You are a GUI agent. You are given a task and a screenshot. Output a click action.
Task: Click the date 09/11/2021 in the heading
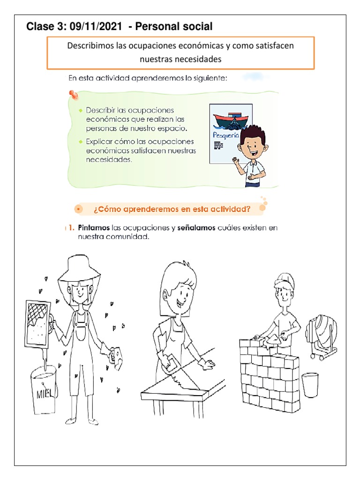(96, 27)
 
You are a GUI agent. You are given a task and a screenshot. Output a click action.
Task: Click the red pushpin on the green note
(74, 95)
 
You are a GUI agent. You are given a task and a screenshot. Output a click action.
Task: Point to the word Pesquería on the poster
(226, 135)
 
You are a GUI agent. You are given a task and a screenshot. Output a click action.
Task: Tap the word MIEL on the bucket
(45, 393)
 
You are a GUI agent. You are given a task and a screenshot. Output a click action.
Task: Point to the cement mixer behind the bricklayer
(322, 337)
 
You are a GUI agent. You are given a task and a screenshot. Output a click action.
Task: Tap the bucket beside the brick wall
(310, 385)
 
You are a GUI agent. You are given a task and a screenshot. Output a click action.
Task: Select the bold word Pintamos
(94, 228)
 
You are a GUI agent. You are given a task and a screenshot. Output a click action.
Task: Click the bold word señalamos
(196, 228)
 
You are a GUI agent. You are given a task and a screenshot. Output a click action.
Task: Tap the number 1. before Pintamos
(72, 228)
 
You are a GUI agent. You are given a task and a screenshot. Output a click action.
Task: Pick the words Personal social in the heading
(174, 27)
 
